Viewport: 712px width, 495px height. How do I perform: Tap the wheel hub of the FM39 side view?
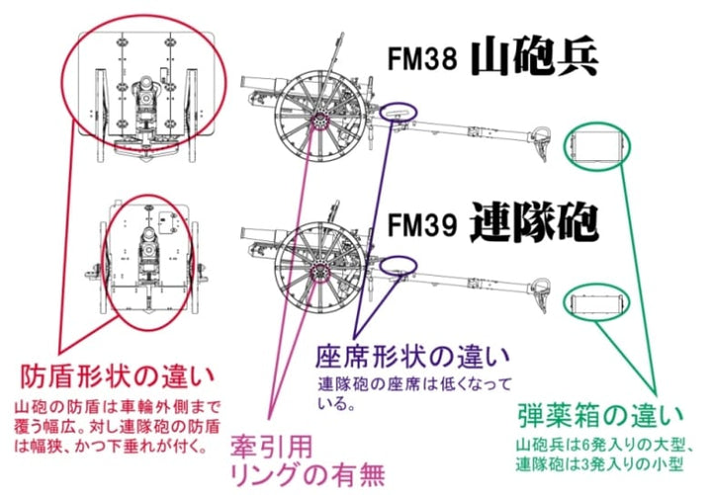coord(319,270)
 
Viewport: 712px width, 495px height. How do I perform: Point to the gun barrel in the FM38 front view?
coord(145,94)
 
